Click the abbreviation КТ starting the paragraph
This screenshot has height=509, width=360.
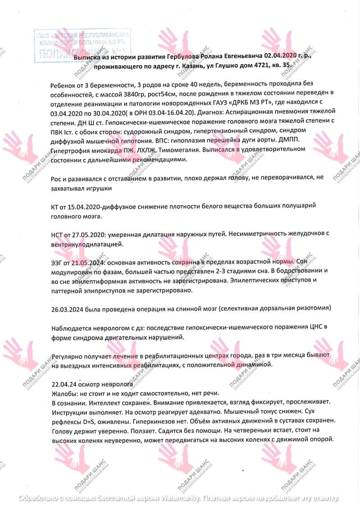(55, 206)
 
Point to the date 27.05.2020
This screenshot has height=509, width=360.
(88, 234)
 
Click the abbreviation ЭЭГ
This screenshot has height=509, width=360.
(58, 262)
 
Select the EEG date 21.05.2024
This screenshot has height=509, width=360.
(88, 262)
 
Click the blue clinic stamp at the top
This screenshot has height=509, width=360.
(82, 45)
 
